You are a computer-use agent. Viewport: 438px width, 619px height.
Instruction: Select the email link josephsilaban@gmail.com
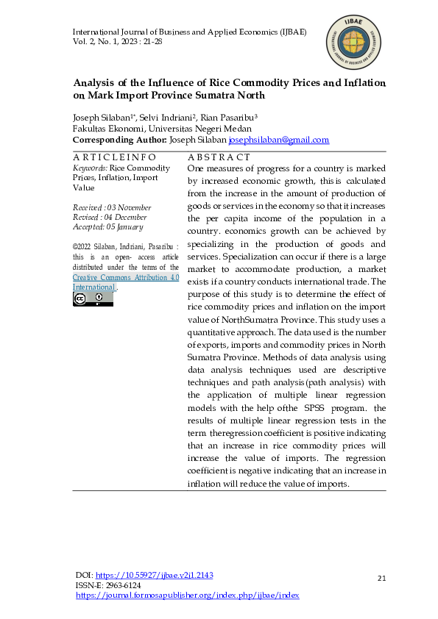pos(268,140)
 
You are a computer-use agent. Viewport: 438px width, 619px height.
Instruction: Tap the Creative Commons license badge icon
pos(93,298)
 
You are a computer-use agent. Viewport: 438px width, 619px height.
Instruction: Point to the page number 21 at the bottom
pos(381,579)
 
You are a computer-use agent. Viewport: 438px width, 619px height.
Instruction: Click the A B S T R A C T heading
pos(219,157)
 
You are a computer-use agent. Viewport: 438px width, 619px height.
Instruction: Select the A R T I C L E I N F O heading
pos(114,157)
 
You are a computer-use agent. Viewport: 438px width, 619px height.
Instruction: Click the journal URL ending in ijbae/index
pos(188,595)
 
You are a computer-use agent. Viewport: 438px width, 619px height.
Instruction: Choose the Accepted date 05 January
pos(131,226)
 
